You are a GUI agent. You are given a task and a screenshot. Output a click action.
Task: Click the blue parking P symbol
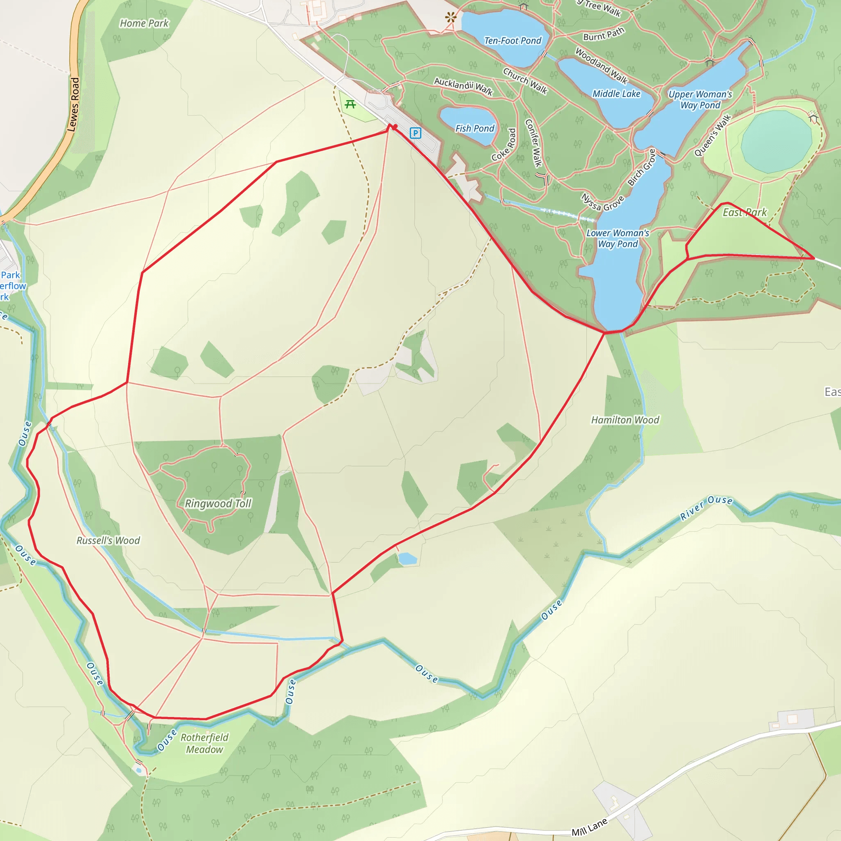tap(415, 133)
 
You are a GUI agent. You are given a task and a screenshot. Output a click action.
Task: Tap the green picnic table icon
tap(350, 104)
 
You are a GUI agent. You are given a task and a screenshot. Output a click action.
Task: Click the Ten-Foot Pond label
tap(513, 41)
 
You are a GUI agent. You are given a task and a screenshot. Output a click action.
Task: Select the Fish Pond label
tap(474, 129)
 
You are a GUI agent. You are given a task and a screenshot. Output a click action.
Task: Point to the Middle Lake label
tap(616, 94)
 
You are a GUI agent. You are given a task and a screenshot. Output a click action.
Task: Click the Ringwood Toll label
tap(218, 503)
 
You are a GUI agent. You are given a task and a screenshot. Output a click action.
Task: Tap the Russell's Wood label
tap(108, 541)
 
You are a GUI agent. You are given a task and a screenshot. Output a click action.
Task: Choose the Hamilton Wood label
tap(625, 420)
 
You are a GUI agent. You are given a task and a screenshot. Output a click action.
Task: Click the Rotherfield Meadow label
tap(205, 743)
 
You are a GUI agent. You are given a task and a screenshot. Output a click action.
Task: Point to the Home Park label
tap(144, 23)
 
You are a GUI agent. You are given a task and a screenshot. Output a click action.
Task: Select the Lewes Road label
tap(73, 104)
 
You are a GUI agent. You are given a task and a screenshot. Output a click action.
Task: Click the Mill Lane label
tap(589, 827)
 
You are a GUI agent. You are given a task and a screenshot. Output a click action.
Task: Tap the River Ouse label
tap(706, 508)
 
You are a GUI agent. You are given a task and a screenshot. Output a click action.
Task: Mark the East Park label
tap(745, 212)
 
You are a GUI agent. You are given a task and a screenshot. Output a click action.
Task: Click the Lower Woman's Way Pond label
tap(618, 239)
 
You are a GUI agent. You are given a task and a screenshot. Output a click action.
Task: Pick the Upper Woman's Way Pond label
tap(701, 100)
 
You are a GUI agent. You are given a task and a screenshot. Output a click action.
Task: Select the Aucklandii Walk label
tap(463, 86)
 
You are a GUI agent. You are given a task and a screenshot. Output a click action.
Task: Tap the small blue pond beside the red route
tap(407, 558)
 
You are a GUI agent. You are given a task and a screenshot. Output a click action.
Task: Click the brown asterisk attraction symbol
tap(451, 17)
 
